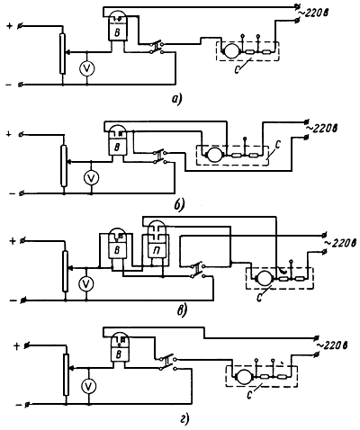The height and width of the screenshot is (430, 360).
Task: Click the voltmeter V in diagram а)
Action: click(x=86, y=68)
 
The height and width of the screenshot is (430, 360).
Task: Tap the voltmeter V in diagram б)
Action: click(x=91, y=178)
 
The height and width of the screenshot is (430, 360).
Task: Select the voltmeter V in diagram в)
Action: click(x=86, y=283)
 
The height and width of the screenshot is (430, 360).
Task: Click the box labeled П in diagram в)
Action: click(x=157, y=250)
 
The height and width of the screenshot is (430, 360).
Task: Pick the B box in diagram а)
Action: click(x=117, y=32)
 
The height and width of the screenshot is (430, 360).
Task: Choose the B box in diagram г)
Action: click(x=119, y=354)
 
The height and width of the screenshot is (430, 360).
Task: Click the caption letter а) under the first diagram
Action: click(x=176, y=99)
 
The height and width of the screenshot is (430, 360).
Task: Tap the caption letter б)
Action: click(x=179, y=205)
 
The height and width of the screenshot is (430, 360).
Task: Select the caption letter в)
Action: click(x=182, y=310)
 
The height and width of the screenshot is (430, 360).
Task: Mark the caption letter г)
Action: click(x=184, y=420)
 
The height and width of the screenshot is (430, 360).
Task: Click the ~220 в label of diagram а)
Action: click(x=313, y=13)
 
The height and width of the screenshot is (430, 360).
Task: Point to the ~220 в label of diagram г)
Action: click(x=332, y=345)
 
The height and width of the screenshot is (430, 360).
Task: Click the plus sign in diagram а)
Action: click(x=10, y=26)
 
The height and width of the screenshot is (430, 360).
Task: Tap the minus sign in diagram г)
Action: click(x=19, y=405)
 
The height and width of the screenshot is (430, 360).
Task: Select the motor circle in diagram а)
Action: click(x=231, y=50)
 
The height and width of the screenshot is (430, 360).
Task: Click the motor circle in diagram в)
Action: click(x=264, y=278)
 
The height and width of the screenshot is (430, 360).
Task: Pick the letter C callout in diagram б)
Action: click(x=277, y=148)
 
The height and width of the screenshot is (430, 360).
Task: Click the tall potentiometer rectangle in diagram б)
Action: click(x=64, y=166)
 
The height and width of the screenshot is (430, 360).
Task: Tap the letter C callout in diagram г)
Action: click(x=249, y=395)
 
